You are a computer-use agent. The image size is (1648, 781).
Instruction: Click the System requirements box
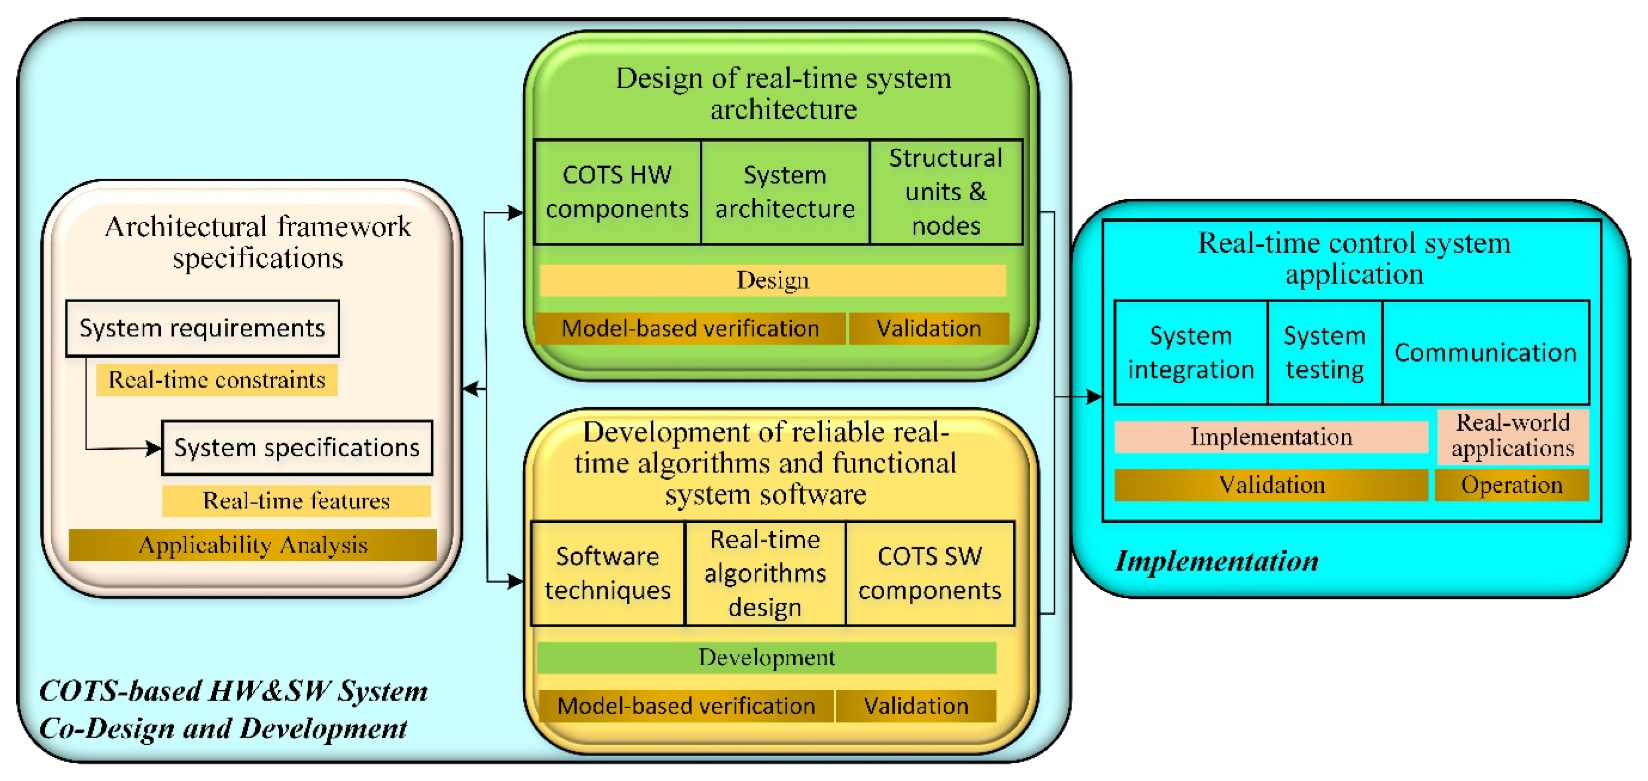click(x=203, y=328)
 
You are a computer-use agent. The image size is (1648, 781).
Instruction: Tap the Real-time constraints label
click(x=217, y=380)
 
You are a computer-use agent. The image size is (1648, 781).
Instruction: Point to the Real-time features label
click(x=296, y=500)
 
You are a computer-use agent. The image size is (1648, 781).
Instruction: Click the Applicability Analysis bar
click(x=253, y=545)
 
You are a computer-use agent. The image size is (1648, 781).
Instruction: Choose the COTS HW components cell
click(x=617, y=192)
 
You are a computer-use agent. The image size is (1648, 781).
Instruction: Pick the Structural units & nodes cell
click(x=946, y=192)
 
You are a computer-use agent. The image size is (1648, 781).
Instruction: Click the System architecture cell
click(x=785, y=192)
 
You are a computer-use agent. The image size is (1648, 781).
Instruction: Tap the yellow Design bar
click(x=773, y=280)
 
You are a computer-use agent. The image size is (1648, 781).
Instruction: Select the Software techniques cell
click(x=608, y=573)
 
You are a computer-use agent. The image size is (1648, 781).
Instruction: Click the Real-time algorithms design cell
click(x=765, y=573)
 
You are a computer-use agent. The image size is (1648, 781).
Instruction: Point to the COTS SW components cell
click(x=930, y=573)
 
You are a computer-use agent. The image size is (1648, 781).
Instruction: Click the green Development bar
click(x=766, y=658)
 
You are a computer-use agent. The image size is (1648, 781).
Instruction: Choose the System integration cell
click(x=1190, y=353)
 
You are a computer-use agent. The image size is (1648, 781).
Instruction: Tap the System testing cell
click(x=1325, y=353)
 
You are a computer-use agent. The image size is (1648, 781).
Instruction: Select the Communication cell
click(x=1486, y=353)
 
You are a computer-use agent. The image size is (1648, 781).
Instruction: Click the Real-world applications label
click(x=1513, y=435)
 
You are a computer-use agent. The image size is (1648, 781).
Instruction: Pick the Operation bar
click(x=1512, y=485)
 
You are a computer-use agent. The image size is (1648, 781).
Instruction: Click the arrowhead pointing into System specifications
click(x=153, y=448)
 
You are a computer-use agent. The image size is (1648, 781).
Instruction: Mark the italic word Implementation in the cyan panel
click(x=1217, y=561)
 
